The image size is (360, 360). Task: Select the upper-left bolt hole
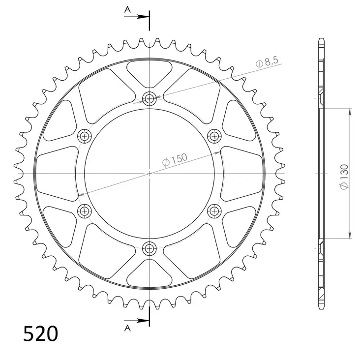click(x=85, y=136)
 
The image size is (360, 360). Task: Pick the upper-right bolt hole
click(x=214, y=136)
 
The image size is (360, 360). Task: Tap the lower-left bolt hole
click(x=85, y=211)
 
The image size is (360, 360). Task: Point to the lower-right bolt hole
click(x=214, y=211)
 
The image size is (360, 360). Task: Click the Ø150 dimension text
click(x=174, y=158)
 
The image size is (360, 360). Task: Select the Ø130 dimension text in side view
click(x=344, y=176)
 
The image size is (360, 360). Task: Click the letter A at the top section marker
click(x=127, y=9)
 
